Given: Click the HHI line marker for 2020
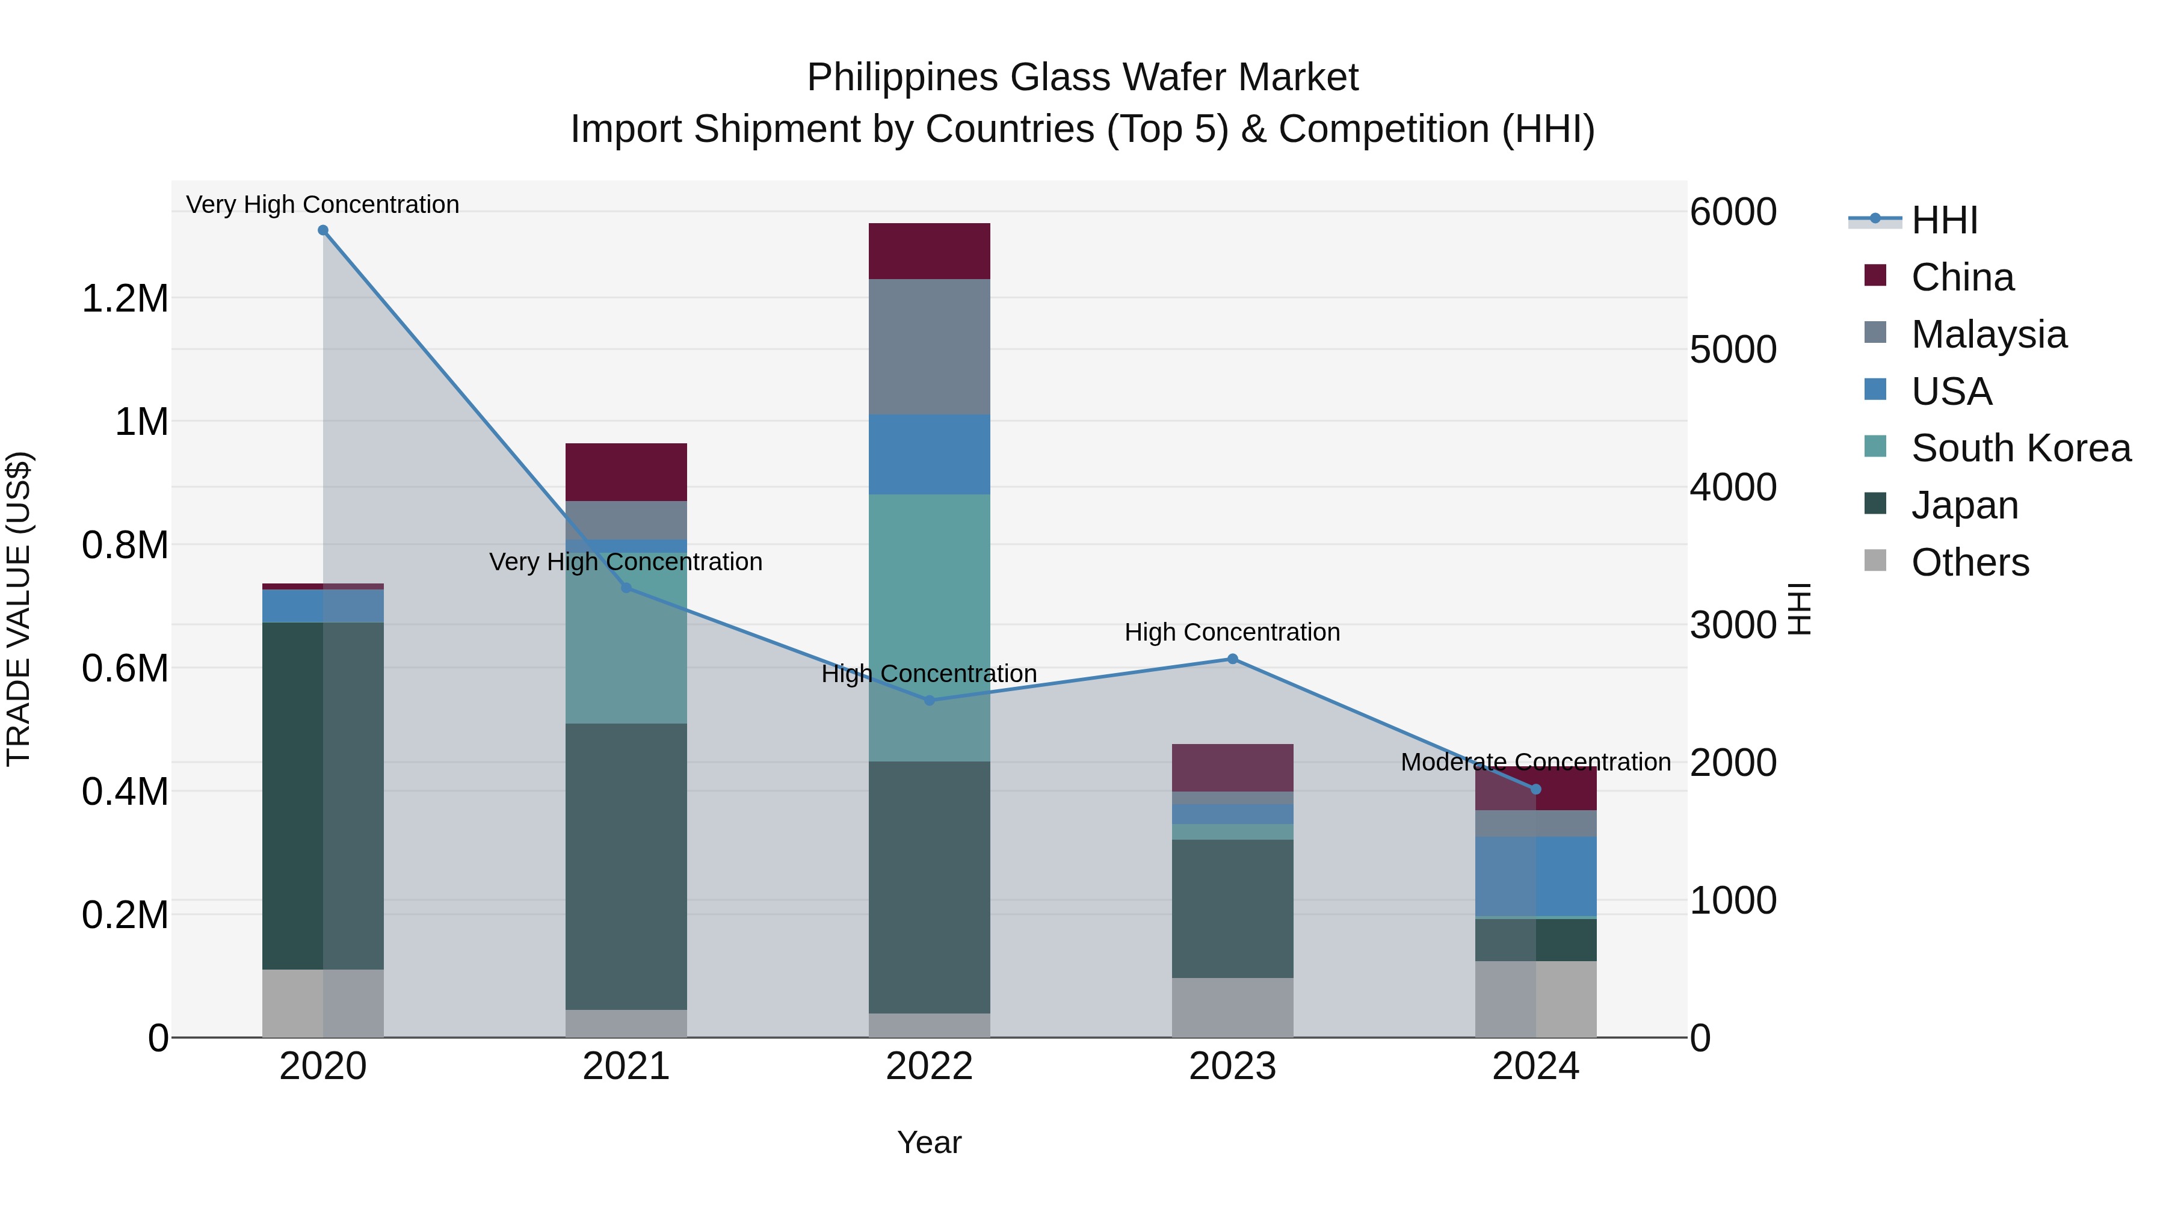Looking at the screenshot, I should pos(323,230).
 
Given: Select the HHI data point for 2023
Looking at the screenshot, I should pos(1233,659).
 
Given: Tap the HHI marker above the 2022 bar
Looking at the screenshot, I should pos(929,700).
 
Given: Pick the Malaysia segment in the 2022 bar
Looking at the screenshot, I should pos(929,346).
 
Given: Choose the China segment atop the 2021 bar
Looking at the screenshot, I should pos(626,472).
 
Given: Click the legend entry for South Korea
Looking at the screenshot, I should pos(2020,448).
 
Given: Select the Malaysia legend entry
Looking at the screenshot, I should pos(1988,334).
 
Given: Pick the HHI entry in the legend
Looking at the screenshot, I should pos(1943,220).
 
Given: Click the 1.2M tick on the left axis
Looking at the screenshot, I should pos(125,300).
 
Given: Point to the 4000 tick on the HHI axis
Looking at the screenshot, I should pos(1733,488).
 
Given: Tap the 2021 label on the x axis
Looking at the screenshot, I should pos(626,1066).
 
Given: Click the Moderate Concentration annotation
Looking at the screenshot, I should pos(1535,763).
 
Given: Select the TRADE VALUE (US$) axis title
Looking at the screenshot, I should pos(19,609).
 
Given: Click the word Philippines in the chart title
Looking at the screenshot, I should pos(902,78).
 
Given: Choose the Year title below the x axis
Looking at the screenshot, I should pos(929,1142).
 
